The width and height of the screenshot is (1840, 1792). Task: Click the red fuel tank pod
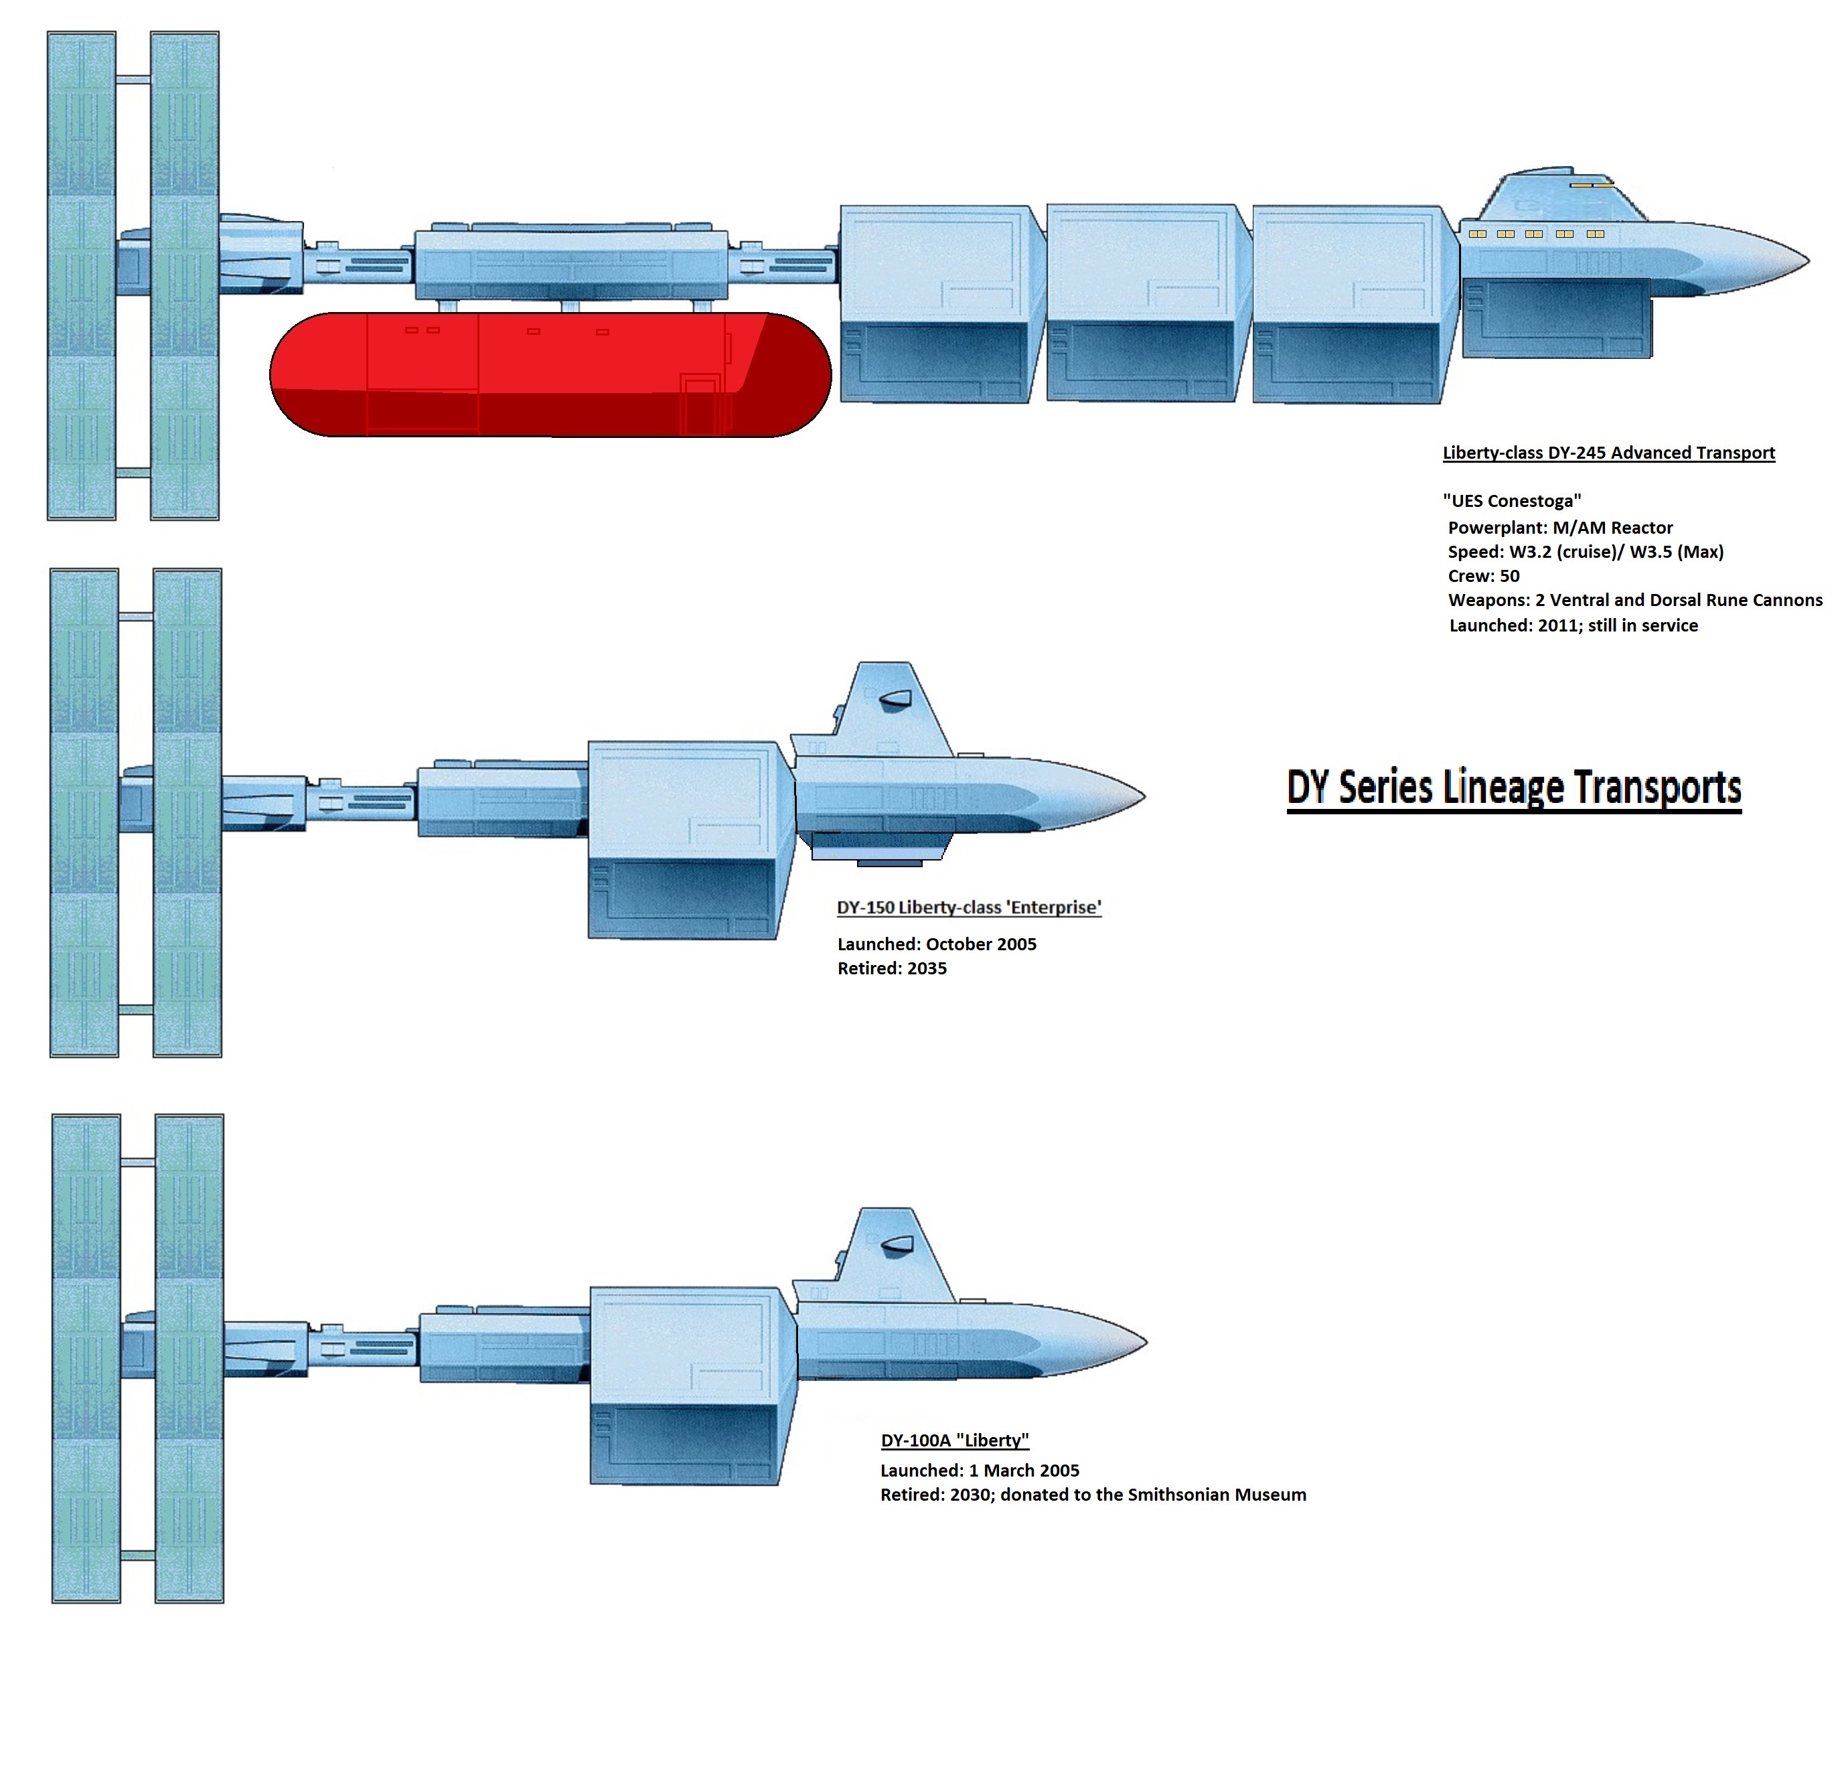(x=550, y=374)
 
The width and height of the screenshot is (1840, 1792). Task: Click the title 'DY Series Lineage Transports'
(x=1513, y=787)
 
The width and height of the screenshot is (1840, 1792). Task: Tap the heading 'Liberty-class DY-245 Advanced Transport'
(x=1608, y=453)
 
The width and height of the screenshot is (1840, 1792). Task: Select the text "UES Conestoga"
(x=1511, y=501)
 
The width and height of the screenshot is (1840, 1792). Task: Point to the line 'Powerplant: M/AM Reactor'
(x=1559, y=528)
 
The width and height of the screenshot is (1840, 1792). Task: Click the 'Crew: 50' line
(x=1483, y=576)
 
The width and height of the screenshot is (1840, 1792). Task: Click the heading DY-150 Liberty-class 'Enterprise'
(x=968, y=907)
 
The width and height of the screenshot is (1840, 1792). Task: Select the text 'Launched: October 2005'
(x=937, y=944)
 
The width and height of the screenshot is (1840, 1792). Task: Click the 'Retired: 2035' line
(x=891, y=968)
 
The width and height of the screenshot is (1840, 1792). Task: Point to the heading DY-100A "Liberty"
(x=954, y=1440)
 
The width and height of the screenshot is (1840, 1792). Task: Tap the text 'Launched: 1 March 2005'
(x=979, y=1470)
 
